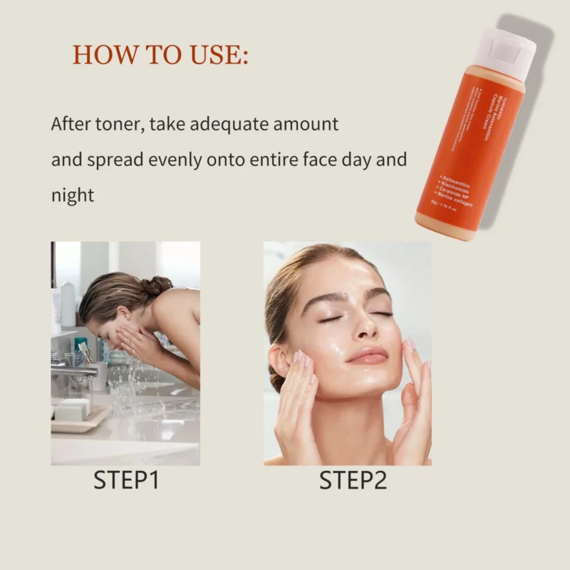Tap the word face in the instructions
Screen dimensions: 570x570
coord(324,159)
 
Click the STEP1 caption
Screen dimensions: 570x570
coord(125,480)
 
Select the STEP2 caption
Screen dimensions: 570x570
coord(353,480)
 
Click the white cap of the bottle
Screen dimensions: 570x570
coord(506,51)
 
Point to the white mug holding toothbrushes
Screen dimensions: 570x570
coord(98,373)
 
